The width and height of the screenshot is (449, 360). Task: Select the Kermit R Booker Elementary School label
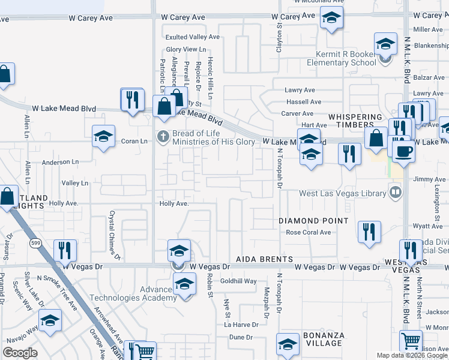[341, 58]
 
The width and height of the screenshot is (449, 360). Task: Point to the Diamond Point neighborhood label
[313, 221]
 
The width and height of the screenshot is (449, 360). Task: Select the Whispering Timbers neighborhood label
[355, 121]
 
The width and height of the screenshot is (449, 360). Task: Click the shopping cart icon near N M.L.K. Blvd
[411, 340]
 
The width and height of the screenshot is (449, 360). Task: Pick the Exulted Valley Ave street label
[193, 37]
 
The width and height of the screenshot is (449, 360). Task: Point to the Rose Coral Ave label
[309, 233]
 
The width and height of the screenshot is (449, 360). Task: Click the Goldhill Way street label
[238, 281]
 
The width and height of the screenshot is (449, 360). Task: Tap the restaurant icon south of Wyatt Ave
[369, 231]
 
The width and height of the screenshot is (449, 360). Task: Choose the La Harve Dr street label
[241, 325]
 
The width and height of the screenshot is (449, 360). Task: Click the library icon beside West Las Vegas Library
[396, 192]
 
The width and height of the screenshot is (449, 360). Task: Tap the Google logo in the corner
[20, 353]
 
